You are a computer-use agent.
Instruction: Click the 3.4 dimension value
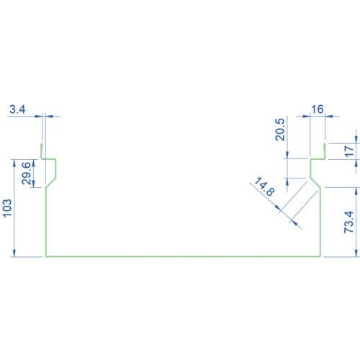coord(17,109)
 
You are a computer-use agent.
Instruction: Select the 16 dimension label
coord(318,109)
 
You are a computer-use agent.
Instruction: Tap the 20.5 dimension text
coord(280,130)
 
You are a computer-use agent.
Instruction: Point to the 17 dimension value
coord(349,151)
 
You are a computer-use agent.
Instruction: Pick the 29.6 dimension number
coord(27,173)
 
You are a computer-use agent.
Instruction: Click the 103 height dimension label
coord(7,208)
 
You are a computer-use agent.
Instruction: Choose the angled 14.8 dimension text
coord(264,186)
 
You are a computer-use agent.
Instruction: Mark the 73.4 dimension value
coord(349,222)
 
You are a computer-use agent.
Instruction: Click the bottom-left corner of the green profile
coord(46,256)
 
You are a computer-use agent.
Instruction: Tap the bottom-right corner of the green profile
coord(320,256)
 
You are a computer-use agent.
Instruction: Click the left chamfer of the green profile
coord(51,183)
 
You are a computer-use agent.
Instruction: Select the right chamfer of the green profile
coord(315,183)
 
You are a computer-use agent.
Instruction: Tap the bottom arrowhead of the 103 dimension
coord(14,253)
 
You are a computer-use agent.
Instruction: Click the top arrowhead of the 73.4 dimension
coord(356,191)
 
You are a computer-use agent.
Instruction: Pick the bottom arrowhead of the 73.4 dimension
coord(356,253)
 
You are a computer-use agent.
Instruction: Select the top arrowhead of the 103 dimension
coord(14,163)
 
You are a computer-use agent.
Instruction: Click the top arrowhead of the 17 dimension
coord(356,140)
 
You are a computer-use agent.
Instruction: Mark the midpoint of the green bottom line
coord(184,256)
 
